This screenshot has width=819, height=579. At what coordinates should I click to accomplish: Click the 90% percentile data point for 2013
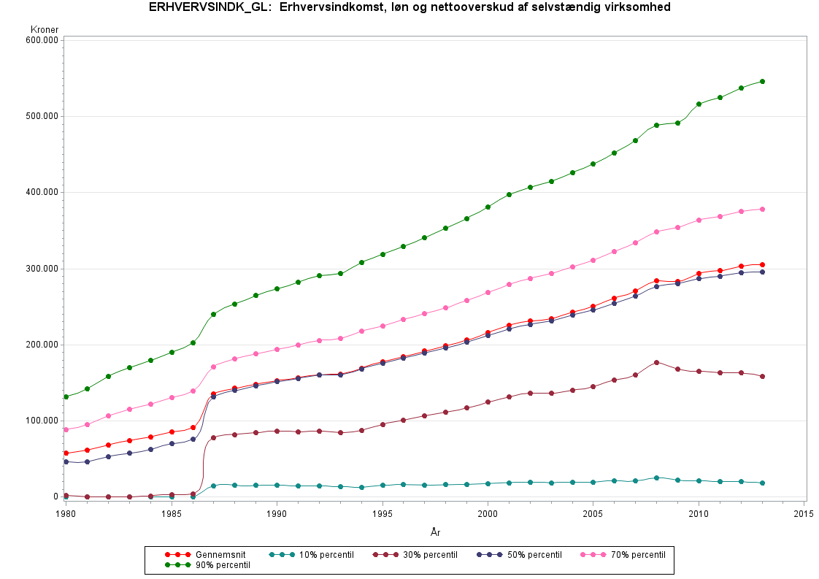coord(762,81)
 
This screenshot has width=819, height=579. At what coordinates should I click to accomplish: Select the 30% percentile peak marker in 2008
coord(656,362)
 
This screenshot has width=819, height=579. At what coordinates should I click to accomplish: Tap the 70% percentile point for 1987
coord(213,367)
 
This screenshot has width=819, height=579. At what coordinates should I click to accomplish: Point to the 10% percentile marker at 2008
coord(656,478)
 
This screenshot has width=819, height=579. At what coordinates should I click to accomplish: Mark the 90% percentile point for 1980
coord(66,396)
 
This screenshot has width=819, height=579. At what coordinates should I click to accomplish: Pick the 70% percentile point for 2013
coord(762,209)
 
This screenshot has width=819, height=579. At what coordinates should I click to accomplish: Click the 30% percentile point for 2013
coord(762,377)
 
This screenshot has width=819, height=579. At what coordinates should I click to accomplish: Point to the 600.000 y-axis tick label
coord(42,40)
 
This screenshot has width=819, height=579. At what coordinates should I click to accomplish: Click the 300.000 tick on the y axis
coord(42,269)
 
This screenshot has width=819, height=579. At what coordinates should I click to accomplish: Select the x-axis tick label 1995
coord(382,513)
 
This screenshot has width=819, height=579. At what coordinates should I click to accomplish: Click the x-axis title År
coord(435,533)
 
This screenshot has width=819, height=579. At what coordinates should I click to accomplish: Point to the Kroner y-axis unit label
coord(45,29)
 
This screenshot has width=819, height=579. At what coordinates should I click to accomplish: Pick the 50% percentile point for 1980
coord(66,461)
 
